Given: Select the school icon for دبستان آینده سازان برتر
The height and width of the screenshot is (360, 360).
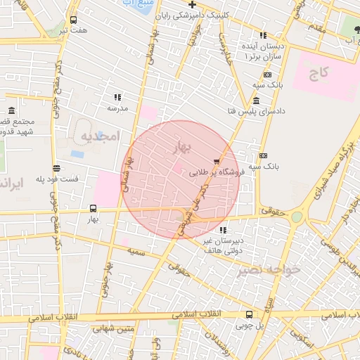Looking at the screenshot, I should click(x=263, y=35).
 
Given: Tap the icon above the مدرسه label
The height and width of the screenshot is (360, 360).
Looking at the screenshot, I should click(x=117, y=97).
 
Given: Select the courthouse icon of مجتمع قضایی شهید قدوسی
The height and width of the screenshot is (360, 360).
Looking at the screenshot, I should click(x=12, y=111).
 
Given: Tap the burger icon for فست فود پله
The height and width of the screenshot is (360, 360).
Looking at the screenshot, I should click(x=56, y=168).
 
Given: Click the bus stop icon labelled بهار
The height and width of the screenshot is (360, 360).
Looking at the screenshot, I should click(x=94, y=208).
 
